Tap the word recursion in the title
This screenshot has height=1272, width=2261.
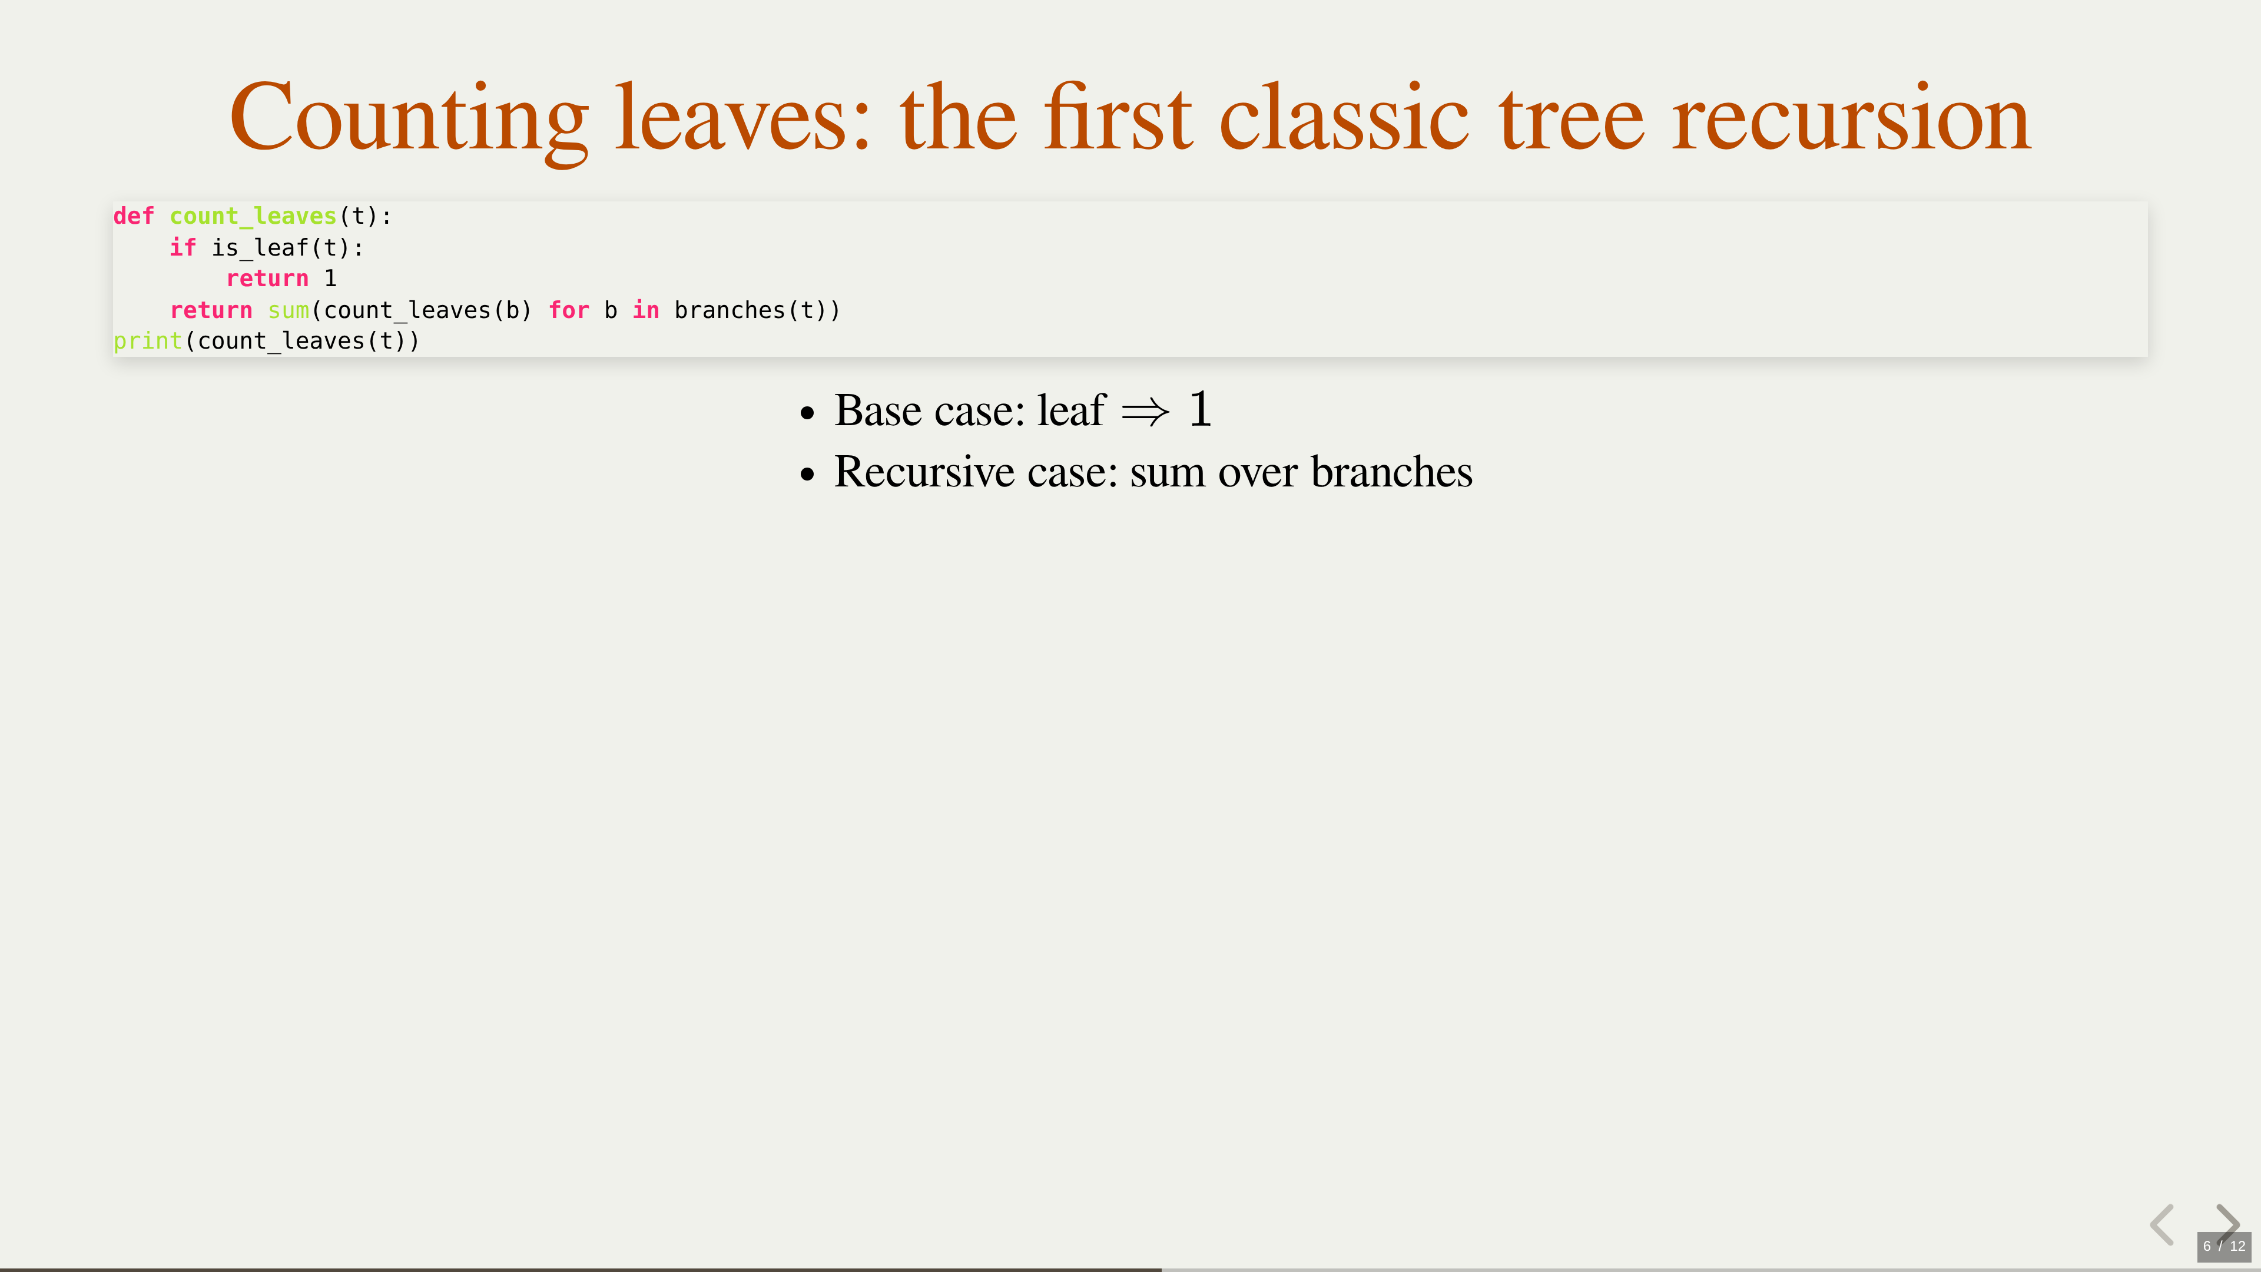[x=1851, y=118]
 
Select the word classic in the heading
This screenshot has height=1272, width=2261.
[x=1344, y=118]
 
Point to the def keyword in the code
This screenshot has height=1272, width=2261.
[x=134, y=216]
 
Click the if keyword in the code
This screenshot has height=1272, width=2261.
[x=183, y=247]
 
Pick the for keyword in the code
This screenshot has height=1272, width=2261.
[x=569, y=310]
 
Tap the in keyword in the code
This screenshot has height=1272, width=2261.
[x=646, y=310]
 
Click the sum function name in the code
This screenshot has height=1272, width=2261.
[x=289, y=310]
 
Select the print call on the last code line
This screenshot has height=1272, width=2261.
[x=147, y=342]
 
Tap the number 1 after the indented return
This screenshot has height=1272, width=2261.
[x=330, y=279]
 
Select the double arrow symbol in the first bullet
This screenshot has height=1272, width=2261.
[x=1145, y=412]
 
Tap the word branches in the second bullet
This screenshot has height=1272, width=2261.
[x=1391, y=471]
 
